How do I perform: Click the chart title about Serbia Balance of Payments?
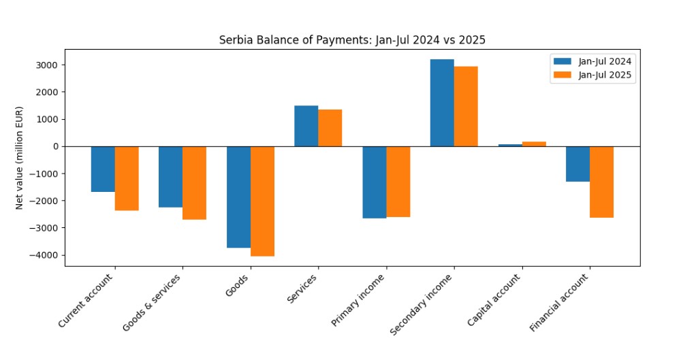coord(352,40)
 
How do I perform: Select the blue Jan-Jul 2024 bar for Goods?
coord(238,197)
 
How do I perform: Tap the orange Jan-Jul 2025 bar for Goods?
coord(262,201)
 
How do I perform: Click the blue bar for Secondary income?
coord(442,103)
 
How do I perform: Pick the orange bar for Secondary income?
coord(466,106)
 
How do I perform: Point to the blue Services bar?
coord(306,126)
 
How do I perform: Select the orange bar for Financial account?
coord(601,182)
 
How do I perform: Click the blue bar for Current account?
coord(103,169)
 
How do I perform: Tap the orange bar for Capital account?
coord(534,144)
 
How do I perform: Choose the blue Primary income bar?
coord(374,182)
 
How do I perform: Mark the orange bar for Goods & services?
coord(194,182)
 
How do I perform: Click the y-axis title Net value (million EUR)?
coord(20,157)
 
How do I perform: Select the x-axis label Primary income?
coord(360,299)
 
